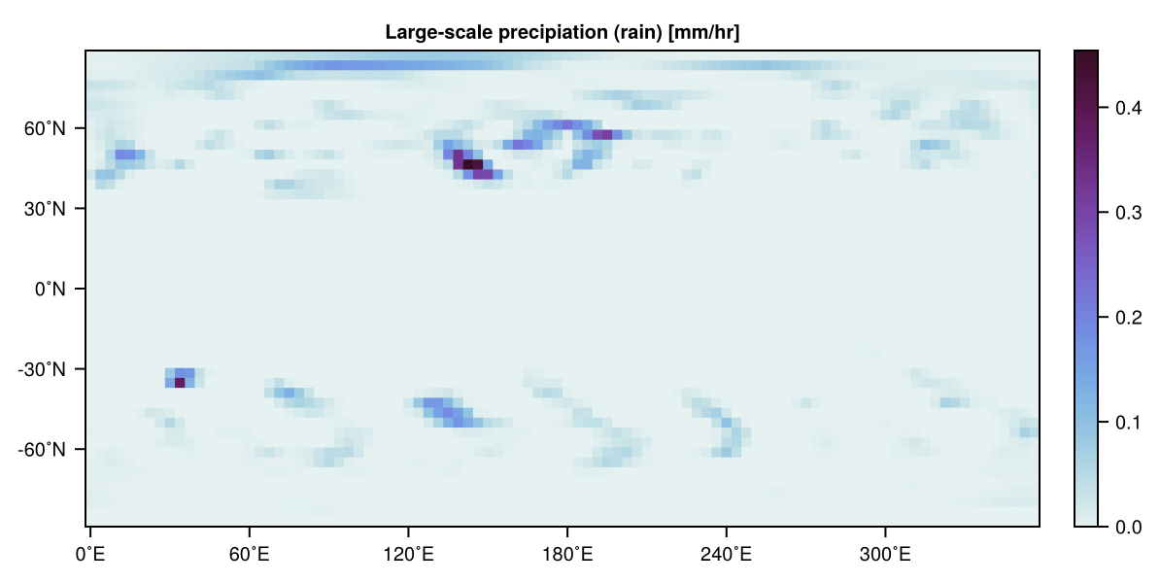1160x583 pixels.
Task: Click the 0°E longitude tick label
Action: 90,555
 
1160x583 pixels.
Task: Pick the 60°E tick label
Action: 250,555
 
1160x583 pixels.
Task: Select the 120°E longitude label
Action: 408,555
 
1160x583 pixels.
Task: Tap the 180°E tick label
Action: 567,555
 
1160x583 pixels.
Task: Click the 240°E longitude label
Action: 727,555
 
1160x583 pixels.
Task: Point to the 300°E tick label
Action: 885,555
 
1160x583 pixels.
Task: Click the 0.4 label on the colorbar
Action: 1127,108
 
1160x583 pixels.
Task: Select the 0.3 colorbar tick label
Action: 1127,213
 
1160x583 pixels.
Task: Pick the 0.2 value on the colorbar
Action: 1127,318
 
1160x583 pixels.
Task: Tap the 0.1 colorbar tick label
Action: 1127,423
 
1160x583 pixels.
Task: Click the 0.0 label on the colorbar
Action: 1127,527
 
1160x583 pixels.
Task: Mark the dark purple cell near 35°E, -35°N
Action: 180,383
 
